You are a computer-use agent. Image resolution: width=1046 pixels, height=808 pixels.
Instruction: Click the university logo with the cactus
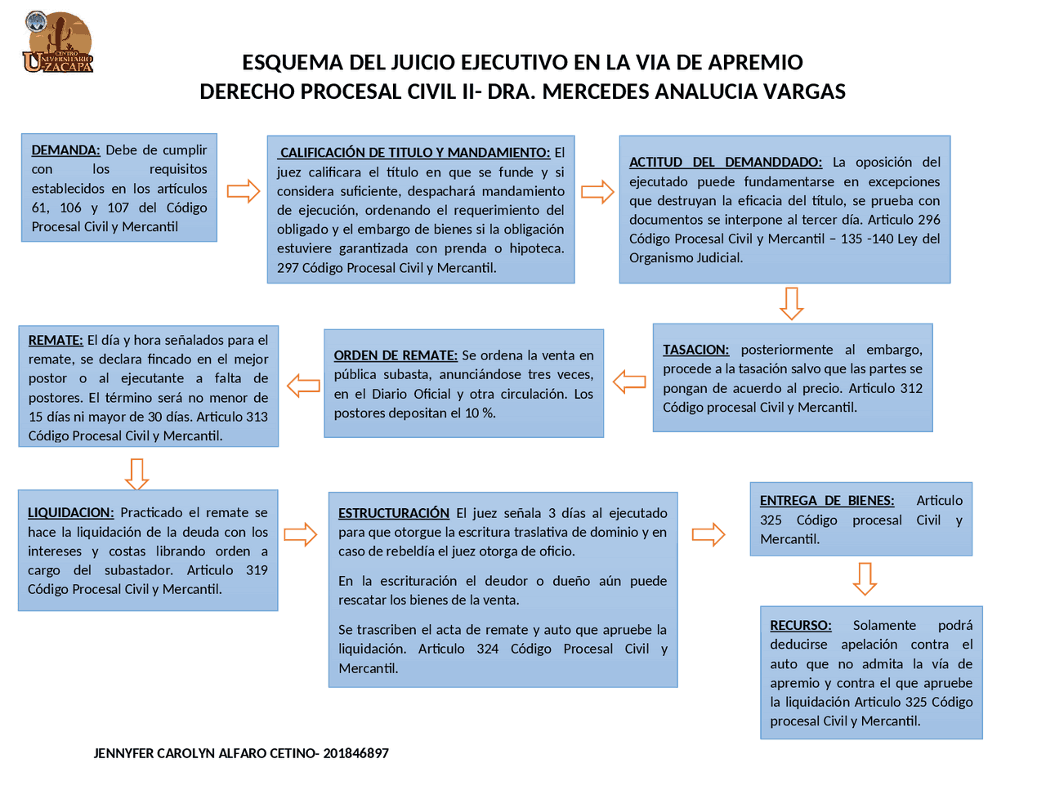tap(58, 42)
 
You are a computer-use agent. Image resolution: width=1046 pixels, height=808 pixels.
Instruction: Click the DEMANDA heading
tap(65, 150)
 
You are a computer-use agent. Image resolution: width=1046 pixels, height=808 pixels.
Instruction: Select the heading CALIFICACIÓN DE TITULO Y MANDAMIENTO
tap(415, 153)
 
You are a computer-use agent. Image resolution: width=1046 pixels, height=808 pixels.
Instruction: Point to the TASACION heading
tap(695, 350)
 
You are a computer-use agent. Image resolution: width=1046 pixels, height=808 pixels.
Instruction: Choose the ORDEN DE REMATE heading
tap(396, 355)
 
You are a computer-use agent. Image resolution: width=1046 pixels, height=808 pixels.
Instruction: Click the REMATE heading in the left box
tap(56, 341)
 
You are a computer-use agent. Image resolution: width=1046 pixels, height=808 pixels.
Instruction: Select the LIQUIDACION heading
tap(71, 513)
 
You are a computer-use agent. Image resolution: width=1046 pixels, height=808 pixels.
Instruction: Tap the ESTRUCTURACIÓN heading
tap(394, 513)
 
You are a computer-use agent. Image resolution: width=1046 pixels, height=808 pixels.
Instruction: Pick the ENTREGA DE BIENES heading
tap(827, 501)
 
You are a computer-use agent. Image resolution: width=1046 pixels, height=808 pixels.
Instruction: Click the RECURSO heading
tap(801, 626)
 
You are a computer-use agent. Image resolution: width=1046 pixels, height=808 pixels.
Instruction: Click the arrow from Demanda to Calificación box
tap(243, 191)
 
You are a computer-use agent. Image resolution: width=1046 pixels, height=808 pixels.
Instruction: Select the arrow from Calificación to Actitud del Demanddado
tap(597, 191)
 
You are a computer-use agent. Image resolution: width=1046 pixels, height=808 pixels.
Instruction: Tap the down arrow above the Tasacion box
tap(791, 303)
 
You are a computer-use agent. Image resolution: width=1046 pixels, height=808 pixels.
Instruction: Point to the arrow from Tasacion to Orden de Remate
tap(629, 382)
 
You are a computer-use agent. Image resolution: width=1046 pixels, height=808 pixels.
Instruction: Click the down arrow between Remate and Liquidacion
tap(136, 474)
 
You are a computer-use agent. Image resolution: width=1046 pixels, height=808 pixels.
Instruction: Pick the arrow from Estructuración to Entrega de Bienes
tap(709, 534)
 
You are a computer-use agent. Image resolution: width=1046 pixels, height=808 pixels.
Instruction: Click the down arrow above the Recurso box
tap(865, 578)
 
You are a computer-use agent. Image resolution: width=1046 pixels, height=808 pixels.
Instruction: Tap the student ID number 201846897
tap(355, 753)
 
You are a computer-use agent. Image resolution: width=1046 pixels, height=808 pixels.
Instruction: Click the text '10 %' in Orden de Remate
tap(481, 413)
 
